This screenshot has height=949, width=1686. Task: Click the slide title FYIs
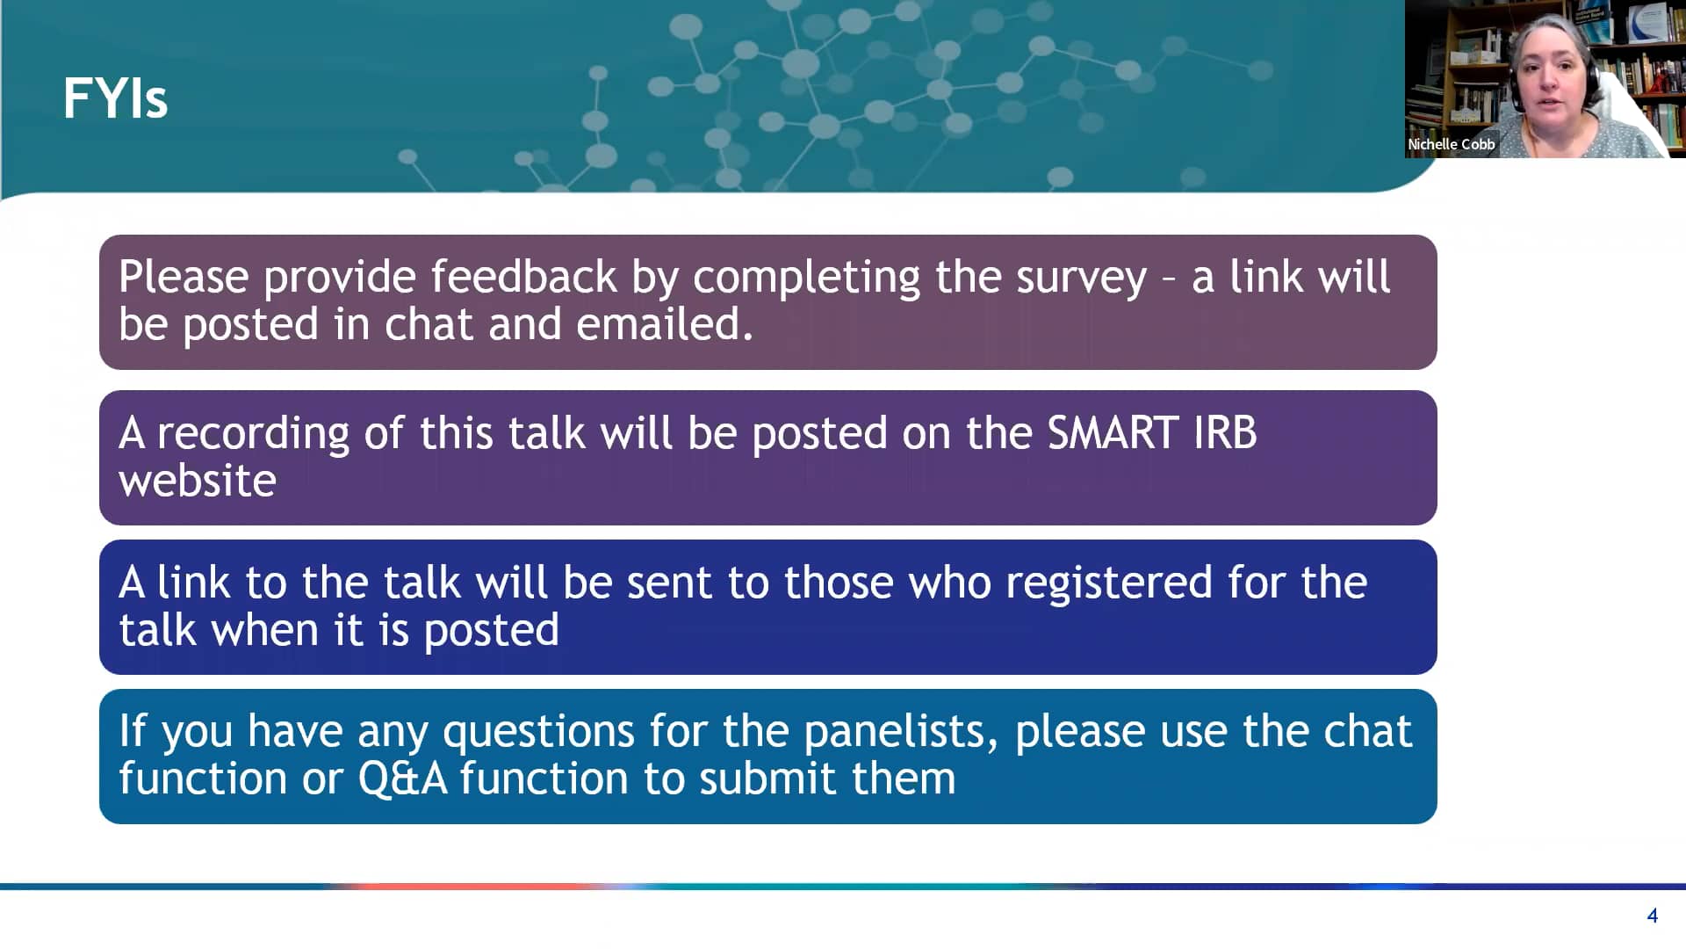click(x=115, y=98)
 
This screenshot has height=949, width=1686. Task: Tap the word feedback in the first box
click(x=523, y=277)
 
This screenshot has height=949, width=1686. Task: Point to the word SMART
click(x=1113, y=432)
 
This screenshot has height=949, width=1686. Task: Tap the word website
click(x=198, y=481)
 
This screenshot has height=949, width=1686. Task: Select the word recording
click(x=253, y=434)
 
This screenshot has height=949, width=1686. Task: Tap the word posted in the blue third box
click(x=491, y=631)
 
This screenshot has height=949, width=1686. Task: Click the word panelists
click(x=901, y=732)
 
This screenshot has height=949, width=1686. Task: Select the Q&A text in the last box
click(x=402, y=779)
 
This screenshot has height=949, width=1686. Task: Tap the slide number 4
click(x=1652, y=916)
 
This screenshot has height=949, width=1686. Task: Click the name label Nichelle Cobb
click(x=1451, y=144)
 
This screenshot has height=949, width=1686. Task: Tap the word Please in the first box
click(x=184, y=277)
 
